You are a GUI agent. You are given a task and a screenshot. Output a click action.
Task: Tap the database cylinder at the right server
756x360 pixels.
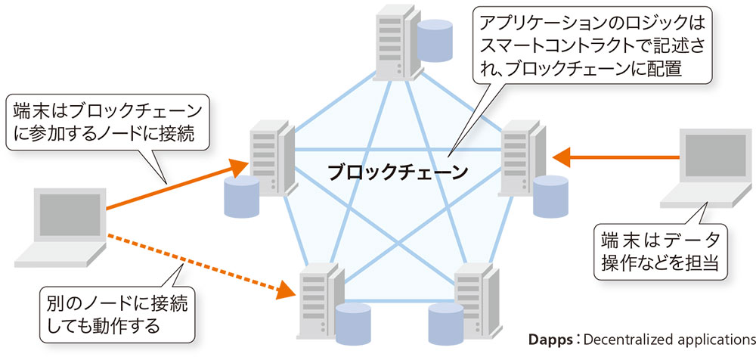[x=550, y=196]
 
